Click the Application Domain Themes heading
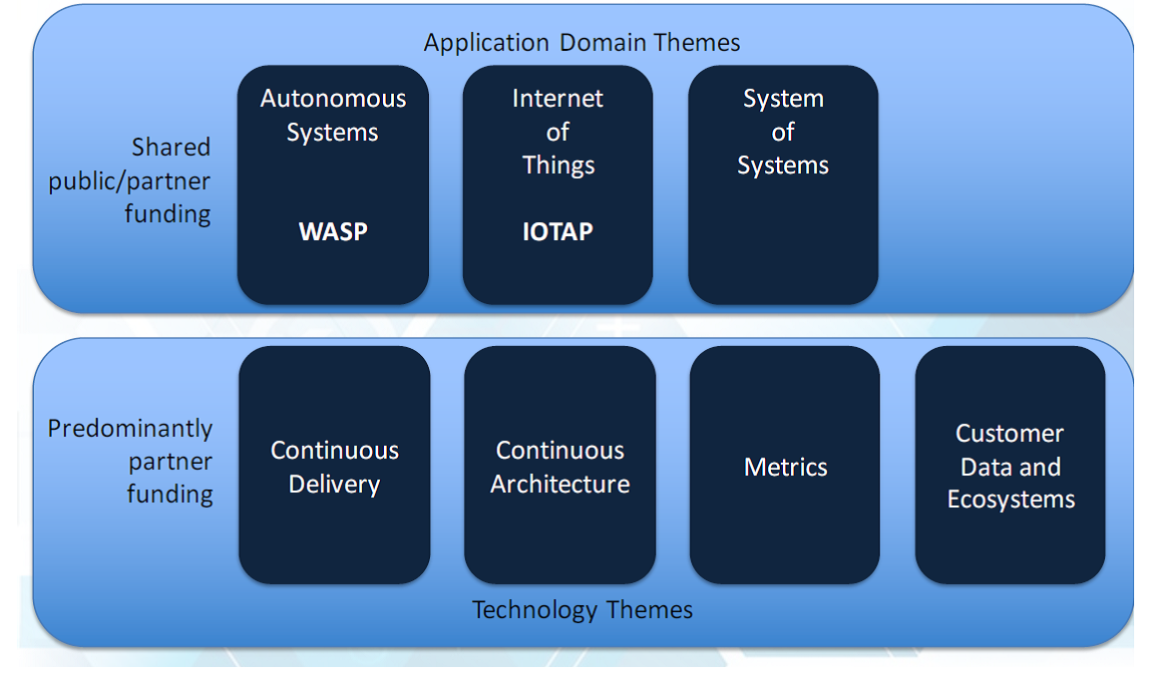(x=582, y=43)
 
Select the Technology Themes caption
(x=582, y=609)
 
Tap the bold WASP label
(x=333, y=231)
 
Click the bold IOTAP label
(x=558, y=231)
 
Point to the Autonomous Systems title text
(x=333, y=115)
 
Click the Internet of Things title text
(x=558, y=132)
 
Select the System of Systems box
(x=783, y=184)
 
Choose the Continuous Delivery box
(x=334, y=466)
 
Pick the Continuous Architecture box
(x=560, y=466)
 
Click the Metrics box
(x=785, y=466)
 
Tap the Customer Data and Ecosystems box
(x=1010, y=466)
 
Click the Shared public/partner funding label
(x=131, y=180)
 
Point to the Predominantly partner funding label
(x=131, y=461)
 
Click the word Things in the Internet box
(x=559, y=166)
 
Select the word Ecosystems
(x=1010, y=500)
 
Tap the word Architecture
(x=560, y=485)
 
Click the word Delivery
(x=334, y=485)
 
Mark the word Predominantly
(x=131, y=429)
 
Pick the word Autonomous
(x=333, y=99)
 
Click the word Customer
(x=1009, y=434)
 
